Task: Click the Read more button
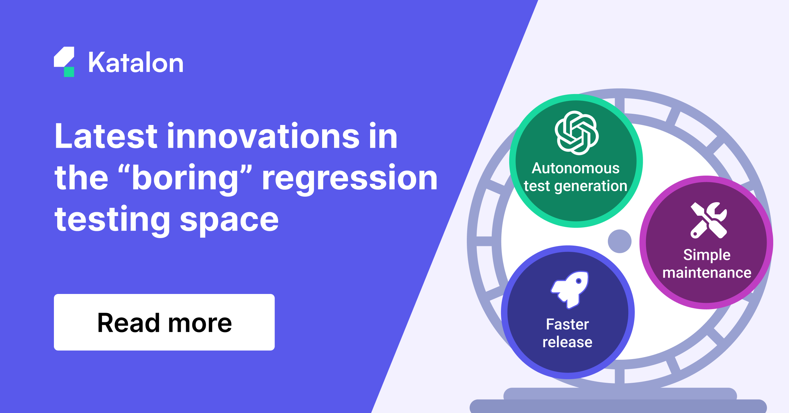(164, 322)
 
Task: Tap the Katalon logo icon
(64, 62)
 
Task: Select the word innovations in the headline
(263, 136)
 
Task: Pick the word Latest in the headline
(106, 136)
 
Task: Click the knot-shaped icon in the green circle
(577, 133)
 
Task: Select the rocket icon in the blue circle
(570, 290)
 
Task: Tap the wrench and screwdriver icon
(709, 220)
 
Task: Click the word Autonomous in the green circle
(576, 168)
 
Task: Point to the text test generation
(576, 186)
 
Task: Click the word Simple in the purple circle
(707, 255)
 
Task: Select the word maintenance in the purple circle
(707, 273)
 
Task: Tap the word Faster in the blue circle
(567, 325)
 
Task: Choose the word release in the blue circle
(567, 342)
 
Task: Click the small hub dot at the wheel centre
(620, 241)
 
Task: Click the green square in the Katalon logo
(69, 72)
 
